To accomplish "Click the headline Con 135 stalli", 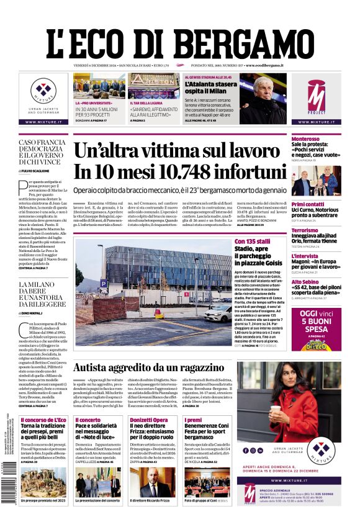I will [x=252, y=241].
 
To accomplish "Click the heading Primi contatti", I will [x=308, y=204].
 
